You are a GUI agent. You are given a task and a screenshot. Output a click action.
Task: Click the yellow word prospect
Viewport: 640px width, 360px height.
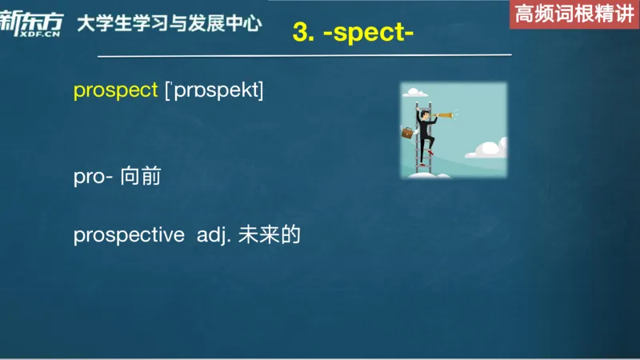(x=115, y=90)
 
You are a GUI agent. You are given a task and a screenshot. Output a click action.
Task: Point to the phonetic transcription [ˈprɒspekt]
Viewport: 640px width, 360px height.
(x=214, y=90)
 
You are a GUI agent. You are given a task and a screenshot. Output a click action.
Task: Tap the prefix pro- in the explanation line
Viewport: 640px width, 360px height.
(x=92, y=178)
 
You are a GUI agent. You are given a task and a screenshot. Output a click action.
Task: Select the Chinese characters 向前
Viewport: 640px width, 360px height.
(x=141, y=177)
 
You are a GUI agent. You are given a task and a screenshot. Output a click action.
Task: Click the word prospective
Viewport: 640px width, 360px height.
(x=128, y=235)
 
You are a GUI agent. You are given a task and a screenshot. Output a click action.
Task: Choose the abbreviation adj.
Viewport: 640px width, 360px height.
(x=214, y=235)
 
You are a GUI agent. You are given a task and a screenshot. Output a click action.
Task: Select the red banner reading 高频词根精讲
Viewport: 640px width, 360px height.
(x=574, y=14)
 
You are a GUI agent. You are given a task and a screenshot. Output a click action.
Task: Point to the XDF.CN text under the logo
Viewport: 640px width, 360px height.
(x=42, y=36)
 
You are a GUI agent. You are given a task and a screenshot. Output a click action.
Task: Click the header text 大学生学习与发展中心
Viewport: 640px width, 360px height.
(x=169, y=24)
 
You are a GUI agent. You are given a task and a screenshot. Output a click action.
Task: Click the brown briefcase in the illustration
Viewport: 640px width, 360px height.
(x=408, y=134)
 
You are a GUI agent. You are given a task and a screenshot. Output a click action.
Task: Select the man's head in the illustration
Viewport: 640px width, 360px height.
(x=424, y=114)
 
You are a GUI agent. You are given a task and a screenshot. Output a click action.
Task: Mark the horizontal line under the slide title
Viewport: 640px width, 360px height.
(x=304, y=56)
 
